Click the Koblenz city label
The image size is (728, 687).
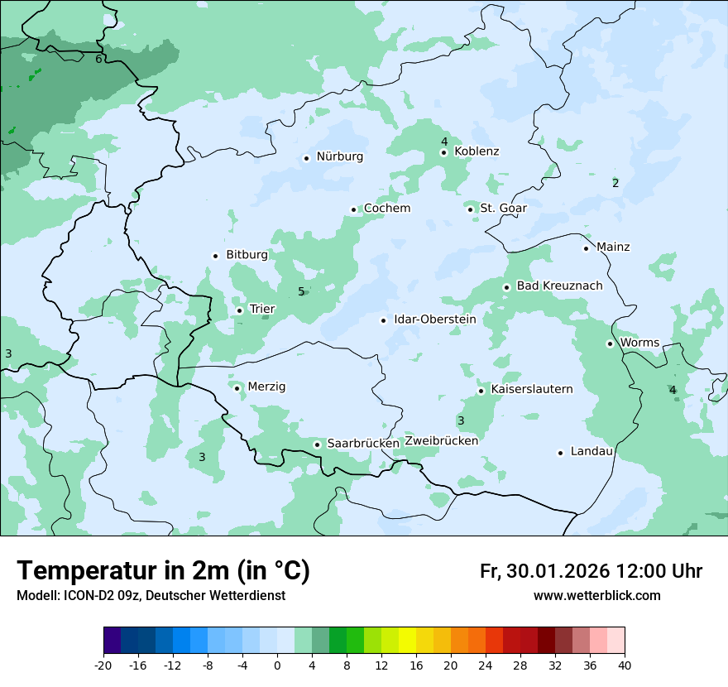coord(477,151)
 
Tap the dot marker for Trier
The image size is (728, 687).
coord(240,310)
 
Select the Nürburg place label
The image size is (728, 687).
coord(339,156)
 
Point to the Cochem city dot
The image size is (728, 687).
coord(354,209)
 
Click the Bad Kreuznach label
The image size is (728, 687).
coord(559,286)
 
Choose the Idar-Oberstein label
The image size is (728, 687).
coord(434,319)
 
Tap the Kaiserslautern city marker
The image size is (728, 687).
coord(481,391)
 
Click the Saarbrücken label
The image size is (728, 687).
coord(363,444)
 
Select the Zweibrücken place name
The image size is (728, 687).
coord(442,441)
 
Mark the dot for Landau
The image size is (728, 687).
coord(560,453)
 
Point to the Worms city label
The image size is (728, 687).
coord(639,343)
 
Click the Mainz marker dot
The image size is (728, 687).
coord(586,248)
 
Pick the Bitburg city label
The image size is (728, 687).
coord(247,255)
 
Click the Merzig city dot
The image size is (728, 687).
coord(237,387)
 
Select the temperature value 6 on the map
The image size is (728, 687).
coord(98,59)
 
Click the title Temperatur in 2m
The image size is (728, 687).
coord(163,571)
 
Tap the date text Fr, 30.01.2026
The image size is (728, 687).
coord(544,571)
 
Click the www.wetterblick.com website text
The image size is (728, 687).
coord(596,595)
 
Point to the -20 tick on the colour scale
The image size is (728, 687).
coord(103,665)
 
